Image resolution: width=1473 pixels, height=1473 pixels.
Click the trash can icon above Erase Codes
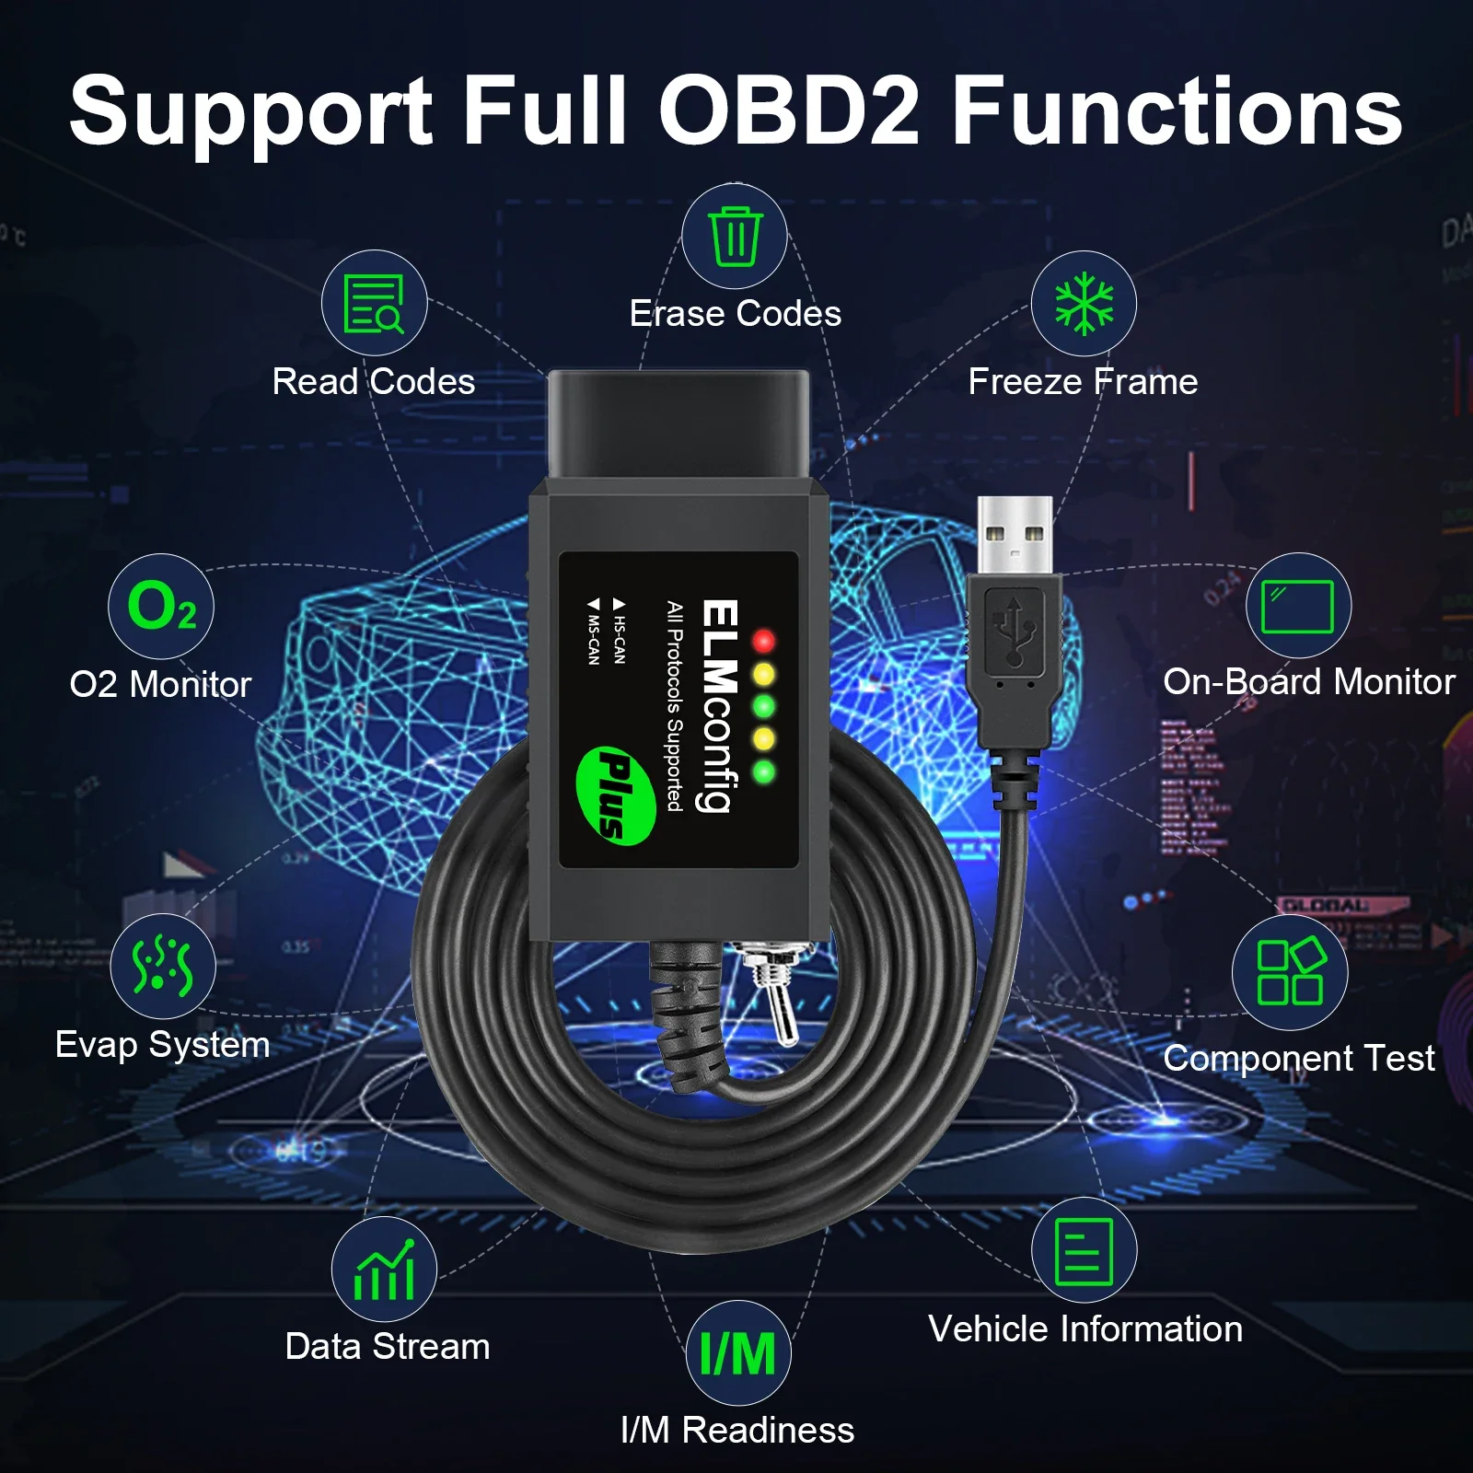735,237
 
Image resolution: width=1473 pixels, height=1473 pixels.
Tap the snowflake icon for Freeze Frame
1084,304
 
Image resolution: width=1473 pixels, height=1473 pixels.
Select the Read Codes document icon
374,303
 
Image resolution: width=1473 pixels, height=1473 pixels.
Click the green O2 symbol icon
161,607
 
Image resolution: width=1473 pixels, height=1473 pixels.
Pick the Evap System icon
163,967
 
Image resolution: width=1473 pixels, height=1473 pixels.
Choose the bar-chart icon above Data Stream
384,1270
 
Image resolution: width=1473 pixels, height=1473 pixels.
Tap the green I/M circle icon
738,1353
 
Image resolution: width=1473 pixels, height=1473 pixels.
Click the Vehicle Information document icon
1084,1250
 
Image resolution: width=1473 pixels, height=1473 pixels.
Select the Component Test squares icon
1290,972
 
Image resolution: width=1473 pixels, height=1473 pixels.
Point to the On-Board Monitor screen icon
1298,606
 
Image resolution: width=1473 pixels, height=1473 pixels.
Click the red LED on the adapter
763,641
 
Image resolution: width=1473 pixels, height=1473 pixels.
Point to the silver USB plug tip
1015,535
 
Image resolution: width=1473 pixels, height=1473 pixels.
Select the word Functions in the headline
1177,111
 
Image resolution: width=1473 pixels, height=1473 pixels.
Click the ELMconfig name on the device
720,706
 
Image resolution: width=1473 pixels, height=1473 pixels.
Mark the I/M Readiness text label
737,1430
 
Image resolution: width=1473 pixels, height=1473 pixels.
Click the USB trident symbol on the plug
1014,631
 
